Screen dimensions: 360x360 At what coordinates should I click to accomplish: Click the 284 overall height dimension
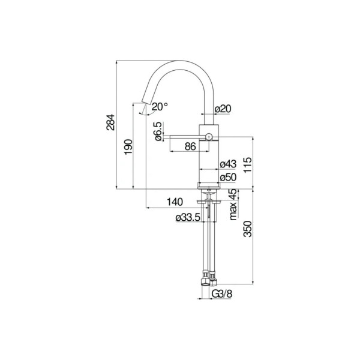click(110, 122)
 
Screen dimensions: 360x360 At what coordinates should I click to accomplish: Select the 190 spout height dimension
click(128, 147)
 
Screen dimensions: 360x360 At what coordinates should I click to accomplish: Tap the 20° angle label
click(160, 107)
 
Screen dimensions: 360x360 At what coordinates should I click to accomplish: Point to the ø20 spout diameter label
click(223, 109)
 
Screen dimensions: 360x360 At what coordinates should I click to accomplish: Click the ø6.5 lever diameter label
click(158, 131)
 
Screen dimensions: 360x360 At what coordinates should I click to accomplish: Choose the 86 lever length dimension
click(190, 146)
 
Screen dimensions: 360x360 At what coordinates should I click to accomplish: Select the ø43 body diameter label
click(228, 164)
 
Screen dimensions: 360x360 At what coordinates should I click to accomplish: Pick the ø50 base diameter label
click(228, 177)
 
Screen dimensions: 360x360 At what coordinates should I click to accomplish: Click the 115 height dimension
click(248, 165)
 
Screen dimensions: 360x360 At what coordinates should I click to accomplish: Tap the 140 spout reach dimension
click(175, 202)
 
